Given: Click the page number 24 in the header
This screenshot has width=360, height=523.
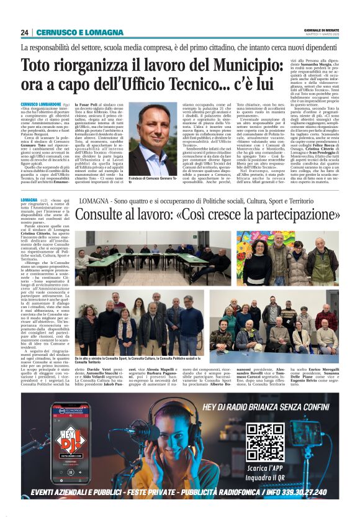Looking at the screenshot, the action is pyautogui.click(x=25, y=32).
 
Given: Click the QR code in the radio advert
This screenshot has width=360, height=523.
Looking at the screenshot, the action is pyautogui.click(x=264, y=442).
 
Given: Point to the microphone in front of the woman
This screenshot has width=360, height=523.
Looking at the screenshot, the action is pyautogui.click(x=127, y=435).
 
